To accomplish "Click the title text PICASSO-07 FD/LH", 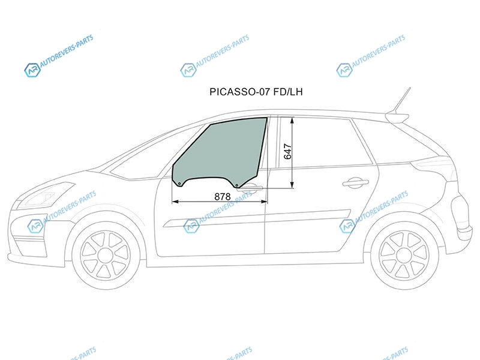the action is coord(256,92).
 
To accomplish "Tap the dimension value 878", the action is coord(223,197).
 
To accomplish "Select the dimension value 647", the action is coord(288,151).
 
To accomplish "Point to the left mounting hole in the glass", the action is coord(179,184).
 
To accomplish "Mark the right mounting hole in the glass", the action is coord(236,185).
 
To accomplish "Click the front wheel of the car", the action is coord(106,256).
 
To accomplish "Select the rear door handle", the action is coord(355,182).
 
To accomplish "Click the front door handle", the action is coord(250,187).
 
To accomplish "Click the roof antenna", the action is coord(401,100).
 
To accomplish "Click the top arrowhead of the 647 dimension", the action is coord(292,121).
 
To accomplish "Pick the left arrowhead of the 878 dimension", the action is coord(175,202).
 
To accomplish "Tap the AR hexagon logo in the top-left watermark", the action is coord(32,70).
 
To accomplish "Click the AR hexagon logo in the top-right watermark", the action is coord(344,70).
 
